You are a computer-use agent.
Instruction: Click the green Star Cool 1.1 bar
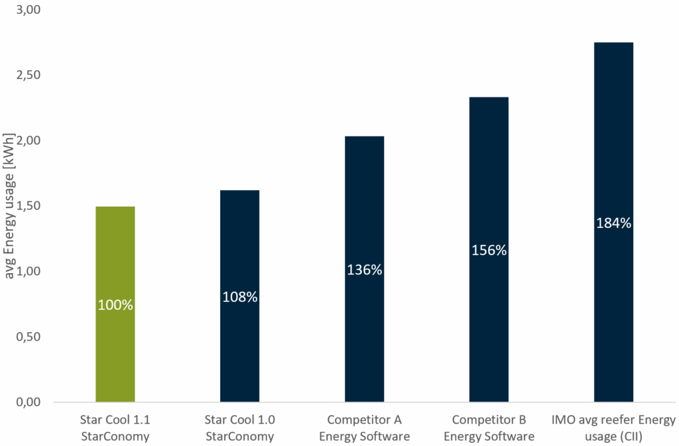[x=115, y=265]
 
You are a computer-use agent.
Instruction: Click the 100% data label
[x=115, y=306]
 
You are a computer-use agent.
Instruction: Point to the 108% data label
[x=239, y=297]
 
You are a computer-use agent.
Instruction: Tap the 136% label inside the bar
[x=364, y=270]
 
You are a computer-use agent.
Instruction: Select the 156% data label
[x=489, y=251]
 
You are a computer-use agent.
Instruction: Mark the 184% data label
[x=613, y=223]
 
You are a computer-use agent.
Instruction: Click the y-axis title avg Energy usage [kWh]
[x=9, y=206]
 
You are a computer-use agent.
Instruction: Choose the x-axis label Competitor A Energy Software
[x=364, y=428]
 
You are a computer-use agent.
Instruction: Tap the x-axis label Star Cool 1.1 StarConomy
[x=115, y=428]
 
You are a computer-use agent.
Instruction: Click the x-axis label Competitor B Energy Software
[x=489, y=428]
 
